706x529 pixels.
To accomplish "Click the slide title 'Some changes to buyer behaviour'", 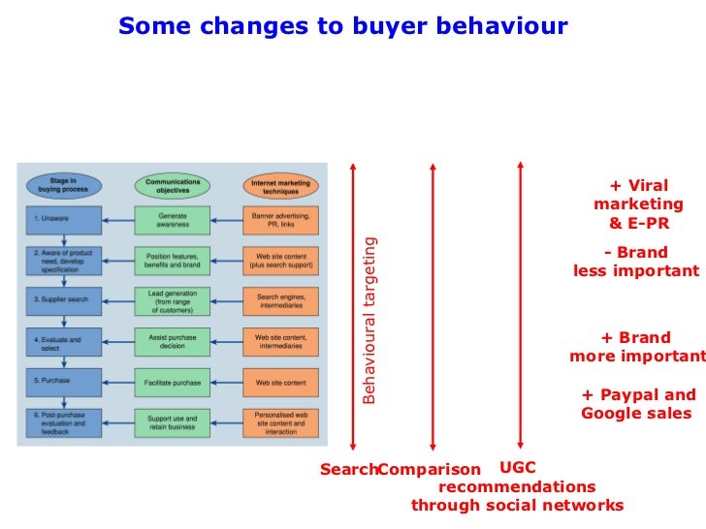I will click(342, 26).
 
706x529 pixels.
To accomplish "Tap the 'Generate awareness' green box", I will click(173, 220).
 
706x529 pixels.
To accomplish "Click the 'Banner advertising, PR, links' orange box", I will click(281, 220).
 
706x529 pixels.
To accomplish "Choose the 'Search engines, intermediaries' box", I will click(281, 300).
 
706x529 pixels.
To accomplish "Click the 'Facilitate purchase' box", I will click(173, 382).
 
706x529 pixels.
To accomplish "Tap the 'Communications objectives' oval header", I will click(173, 184).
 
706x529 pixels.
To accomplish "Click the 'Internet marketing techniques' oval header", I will click(281, 184).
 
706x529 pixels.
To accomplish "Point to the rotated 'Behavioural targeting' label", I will click(369, 320).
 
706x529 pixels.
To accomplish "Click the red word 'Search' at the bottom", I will click(348, 470).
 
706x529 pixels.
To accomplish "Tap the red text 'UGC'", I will click(517, 468).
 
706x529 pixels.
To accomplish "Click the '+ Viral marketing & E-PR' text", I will click(638, 204).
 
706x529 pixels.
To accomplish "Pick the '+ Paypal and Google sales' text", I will click(637, 404).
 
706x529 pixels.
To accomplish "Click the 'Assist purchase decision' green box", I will click(173, 341).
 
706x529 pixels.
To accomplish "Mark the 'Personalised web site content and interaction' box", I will click(281, 423).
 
